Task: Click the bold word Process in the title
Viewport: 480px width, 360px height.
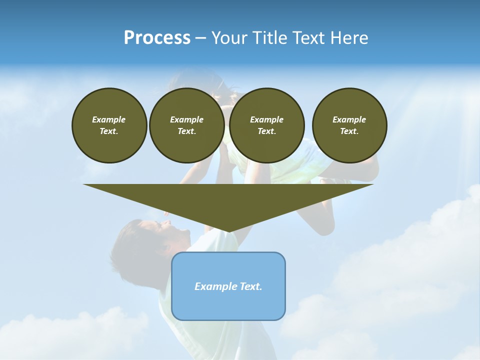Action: click(x=157, y=38)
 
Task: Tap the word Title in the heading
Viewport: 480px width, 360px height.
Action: click(x=270, y=38)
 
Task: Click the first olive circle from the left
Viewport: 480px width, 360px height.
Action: click(x=109, y=125)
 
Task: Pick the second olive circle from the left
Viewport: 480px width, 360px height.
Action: click(x=187, y=125)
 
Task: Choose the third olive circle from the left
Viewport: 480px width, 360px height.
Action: click(x=267, y=125)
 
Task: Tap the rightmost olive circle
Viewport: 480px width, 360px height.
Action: click(x=349, y=125)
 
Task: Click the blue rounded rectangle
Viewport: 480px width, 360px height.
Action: click(x=228, y=300)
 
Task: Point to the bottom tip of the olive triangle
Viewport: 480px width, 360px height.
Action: click(x=228, y=231)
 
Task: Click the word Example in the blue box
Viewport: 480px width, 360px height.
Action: click(x=214, y=286)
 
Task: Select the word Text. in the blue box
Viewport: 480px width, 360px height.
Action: click(x=249, y=286)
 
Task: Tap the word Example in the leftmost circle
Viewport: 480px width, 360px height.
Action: click(x=109, y=119)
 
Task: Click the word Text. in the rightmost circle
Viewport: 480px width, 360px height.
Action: click(x=349, y=131)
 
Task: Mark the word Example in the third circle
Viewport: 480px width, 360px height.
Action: click(x=267, y=119)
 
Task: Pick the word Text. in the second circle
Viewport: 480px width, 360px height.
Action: click(x=187, y=131)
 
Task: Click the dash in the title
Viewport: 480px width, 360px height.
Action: click(x=200, y=38)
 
